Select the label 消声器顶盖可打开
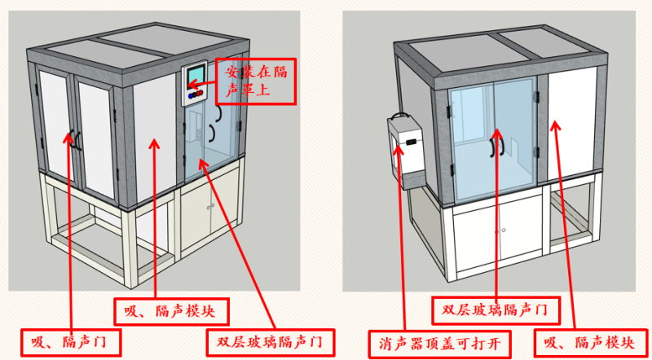(x=439, y=343)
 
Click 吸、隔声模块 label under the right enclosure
(x=582, y=343)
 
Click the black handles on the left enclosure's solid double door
(x=74, y=140)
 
